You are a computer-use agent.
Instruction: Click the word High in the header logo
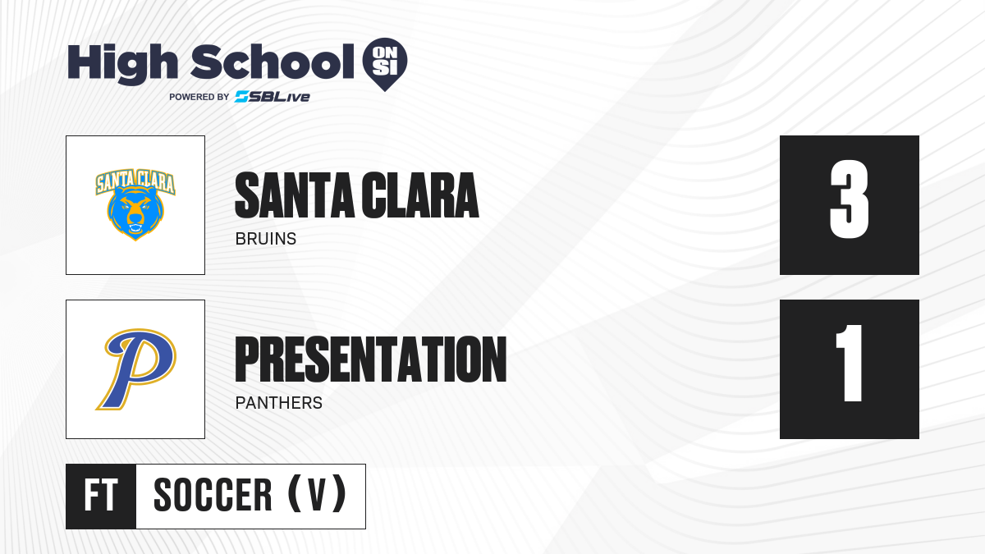[x=122, y=64]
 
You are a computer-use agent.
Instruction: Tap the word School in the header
[x=273, y=62]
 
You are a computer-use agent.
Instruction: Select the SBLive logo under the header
[x=272, y=97]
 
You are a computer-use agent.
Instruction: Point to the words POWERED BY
[x=199, y=97]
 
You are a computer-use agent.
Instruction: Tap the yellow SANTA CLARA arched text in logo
[x=135, y=181]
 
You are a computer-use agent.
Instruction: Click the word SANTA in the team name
[x=295, y=195]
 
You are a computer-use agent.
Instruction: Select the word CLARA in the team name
[x=420, y=195]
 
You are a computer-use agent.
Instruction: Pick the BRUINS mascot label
[x=266, y=239]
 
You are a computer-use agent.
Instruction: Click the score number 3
[x=849, y=199]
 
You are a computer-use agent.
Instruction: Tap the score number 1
[x=850, y=363]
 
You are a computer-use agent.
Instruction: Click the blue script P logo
[x=136, y=369]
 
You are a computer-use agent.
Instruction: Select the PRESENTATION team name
[x=371, y=359]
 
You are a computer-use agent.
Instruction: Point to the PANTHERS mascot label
[x=279, y=403]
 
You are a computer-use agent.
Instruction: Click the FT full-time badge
[x=101, y=496]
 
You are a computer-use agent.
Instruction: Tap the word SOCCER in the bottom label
[x=213, y=495]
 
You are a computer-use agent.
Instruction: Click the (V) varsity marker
[x=317, y=494]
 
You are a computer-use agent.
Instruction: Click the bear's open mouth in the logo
[x=135, y=229]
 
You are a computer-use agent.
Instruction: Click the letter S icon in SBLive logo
[x=242, y=97]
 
